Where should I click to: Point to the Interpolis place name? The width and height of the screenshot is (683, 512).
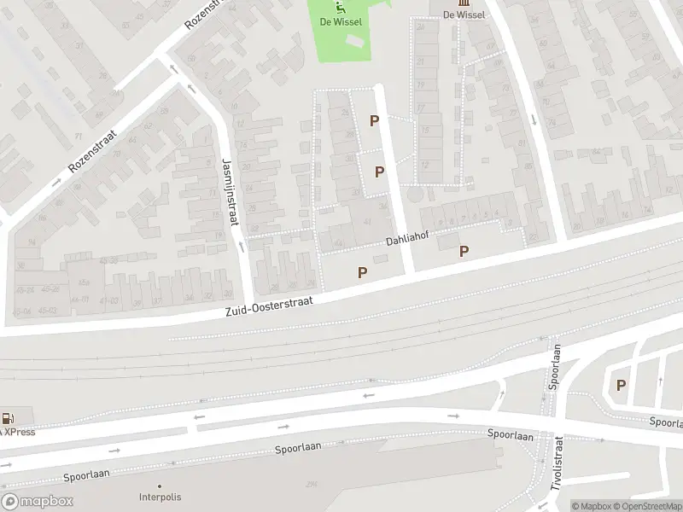coord(163,497)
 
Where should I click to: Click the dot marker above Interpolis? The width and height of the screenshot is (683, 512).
coord(162,484)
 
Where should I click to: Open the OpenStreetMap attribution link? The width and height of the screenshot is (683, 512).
coord(646,506)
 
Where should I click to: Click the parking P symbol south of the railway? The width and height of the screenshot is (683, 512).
coord(621,385)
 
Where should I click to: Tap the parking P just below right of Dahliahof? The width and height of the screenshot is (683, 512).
coord(464,251)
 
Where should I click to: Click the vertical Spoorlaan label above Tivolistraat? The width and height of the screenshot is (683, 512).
coord(556,366)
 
